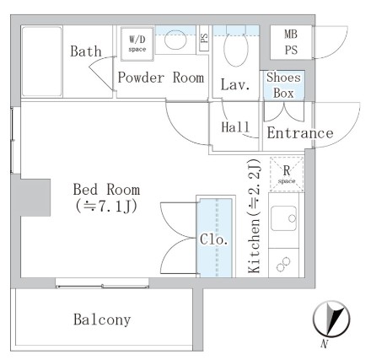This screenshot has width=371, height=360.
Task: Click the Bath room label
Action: click(86, 52)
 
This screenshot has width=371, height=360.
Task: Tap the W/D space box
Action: click(137, 42)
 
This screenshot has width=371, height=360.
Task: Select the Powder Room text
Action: click(161, 78)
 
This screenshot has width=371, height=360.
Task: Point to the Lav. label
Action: click(234, 84)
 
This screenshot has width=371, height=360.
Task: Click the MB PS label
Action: click(290, 41)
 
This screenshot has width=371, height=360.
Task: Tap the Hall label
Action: click(234, 127)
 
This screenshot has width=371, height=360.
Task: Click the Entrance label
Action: click(299, 132)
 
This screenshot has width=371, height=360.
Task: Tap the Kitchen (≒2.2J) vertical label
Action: click(254, 218)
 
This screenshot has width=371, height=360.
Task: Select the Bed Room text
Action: click(106, 188)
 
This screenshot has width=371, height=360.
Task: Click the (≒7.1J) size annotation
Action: click(107, 206)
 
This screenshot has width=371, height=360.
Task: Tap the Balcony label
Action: click(101, 320)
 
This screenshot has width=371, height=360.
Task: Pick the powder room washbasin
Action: click(175, 39)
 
